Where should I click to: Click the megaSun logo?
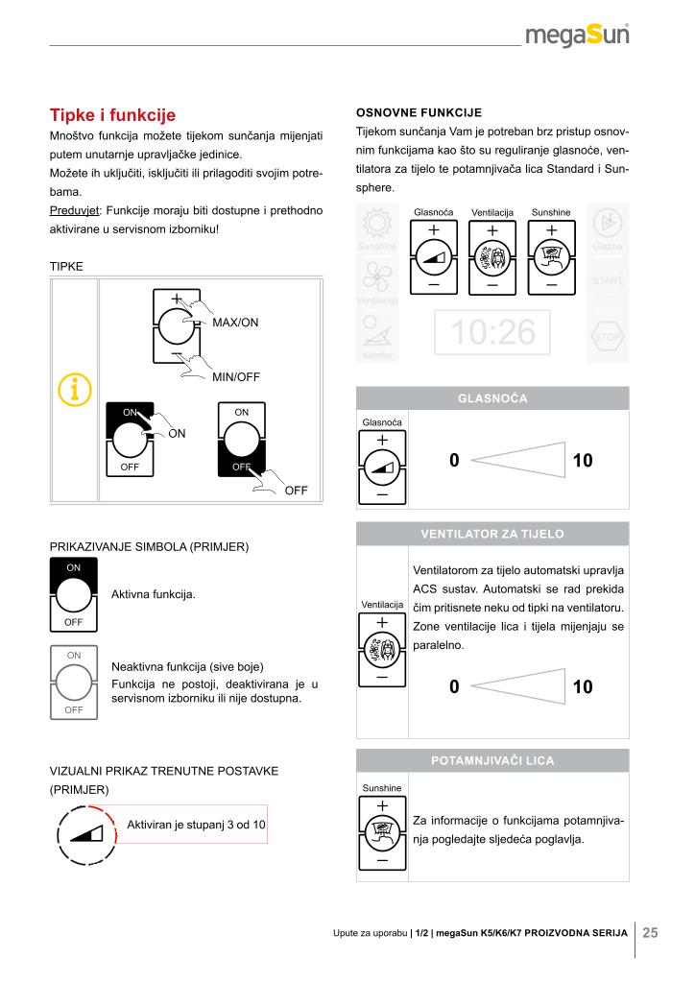577,36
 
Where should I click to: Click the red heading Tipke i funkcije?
113,115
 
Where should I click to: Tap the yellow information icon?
75,390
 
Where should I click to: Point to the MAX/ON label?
235,323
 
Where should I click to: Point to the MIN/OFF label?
235,376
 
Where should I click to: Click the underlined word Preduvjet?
75,210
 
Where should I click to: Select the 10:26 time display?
492,331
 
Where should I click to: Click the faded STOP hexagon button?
608,337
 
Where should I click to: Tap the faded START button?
608,281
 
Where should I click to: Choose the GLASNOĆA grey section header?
492,398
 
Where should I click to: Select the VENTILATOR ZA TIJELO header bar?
492,534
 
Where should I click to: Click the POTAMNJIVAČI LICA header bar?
492,760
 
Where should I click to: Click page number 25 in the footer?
651,933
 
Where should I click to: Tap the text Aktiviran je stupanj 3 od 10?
196,825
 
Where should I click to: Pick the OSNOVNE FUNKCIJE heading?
419,113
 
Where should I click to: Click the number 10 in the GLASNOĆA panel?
583,460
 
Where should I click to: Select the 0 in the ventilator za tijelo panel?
454,686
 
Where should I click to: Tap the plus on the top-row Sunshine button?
551,230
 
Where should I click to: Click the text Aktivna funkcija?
154,594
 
